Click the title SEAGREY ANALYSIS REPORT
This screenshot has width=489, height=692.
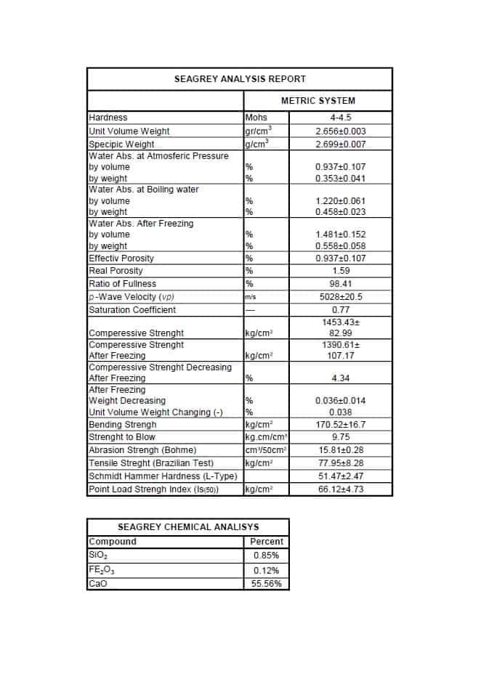click(x=240, y=79)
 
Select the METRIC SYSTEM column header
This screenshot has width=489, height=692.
click(x=318, y=100)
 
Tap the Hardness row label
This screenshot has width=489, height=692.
click(x=108, y=118)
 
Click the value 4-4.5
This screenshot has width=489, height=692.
click(x=341, y=118)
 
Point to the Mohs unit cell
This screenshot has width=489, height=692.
click(x=256, y=118)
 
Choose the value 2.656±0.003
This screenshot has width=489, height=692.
click(x=341, y=131)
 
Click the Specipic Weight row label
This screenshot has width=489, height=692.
click(x=121, y=144)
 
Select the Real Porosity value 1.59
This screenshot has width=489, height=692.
click(x=341, y=271)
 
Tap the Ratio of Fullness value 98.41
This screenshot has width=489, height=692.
click(x=341, y=284)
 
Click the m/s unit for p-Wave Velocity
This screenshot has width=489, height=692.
click(x=251, y=297)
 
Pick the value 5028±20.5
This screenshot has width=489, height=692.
click(x=341, y=297)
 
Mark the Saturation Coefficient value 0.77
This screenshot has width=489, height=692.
click(x=341, y=310)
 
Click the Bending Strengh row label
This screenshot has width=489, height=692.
click(x=122, y=425)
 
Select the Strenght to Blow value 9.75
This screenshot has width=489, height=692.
click(x=341, y=437)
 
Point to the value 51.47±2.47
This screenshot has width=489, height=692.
click(x=341, y=476)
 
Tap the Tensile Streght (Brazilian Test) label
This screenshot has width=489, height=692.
click(x=151, y=463)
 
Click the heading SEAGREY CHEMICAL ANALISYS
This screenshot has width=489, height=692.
click(x=188, y=527)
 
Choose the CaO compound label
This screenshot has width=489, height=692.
click(x=97, y=584)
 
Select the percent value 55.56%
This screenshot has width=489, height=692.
click(x=267, y=584)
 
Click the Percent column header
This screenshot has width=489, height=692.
click(x=267, y=542)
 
